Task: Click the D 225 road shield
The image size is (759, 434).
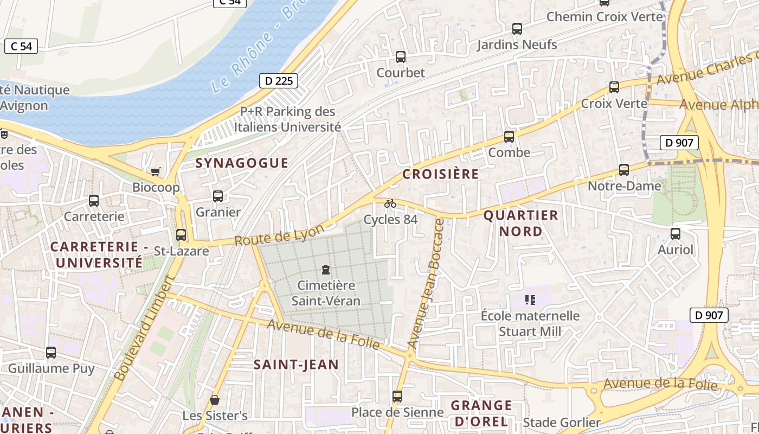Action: pyautogui.click(x=279, y=81)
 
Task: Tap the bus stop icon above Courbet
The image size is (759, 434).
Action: pyautogui.click(x=401, y=56)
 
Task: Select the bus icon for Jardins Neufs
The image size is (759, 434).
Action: pyautogui.click(x=517, y=29)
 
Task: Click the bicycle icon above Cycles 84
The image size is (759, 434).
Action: pyautogui.click(x=390, y=203)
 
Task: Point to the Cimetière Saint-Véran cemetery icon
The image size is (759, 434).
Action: pyautogui.click(x=326, y=269)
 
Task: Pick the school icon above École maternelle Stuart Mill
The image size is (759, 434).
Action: pyautogui.click(x=530, y=299)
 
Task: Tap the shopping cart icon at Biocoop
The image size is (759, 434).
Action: pyautogui.click(x=156, y=172)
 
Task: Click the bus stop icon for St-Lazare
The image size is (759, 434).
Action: pyautogui.click(x=181, y=235)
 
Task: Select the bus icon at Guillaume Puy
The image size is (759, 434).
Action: pyautogui.click(x=51, y=353)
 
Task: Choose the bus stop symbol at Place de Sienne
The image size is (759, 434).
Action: pyautogui.click(x=397, y=397)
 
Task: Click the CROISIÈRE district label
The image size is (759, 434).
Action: pyautogui.click(x=441, y=174)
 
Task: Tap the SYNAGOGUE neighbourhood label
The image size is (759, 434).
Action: pyautogui.click(x=242, y=163)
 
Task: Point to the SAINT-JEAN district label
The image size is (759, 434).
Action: pyautogui.click(x=296, y=365)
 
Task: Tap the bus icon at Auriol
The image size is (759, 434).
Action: pyautogui.click(x=676, y=234)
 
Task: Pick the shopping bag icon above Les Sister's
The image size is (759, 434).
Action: pyautogui.click(x=215, y=400)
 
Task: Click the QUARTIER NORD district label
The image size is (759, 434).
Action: pyautogui.click(x=520, y=223)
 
